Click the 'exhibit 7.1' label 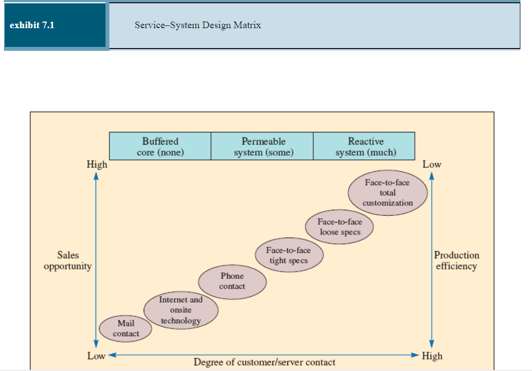click(32, 25)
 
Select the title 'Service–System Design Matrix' click(198, 25)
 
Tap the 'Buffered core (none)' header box click(160, 146)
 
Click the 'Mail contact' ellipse click(125, 328)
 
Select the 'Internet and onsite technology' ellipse click(181, 310)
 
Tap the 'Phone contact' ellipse click(232, 281)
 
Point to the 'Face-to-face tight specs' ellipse click(288, 256)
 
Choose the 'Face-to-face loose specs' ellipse click(340, 227)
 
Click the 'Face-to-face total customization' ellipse click(388, 193)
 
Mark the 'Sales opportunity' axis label click(67, 261)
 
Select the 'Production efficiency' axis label click(456, 261)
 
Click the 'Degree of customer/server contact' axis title click(264, 362)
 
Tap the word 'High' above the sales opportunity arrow click(97, 165)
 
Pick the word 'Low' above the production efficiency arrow click(432, 165)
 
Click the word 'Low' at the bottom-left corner click(96, 356)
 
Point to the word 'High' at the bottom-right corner click(432, 356)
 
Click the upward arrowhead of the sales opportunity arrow click(96, 176)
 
